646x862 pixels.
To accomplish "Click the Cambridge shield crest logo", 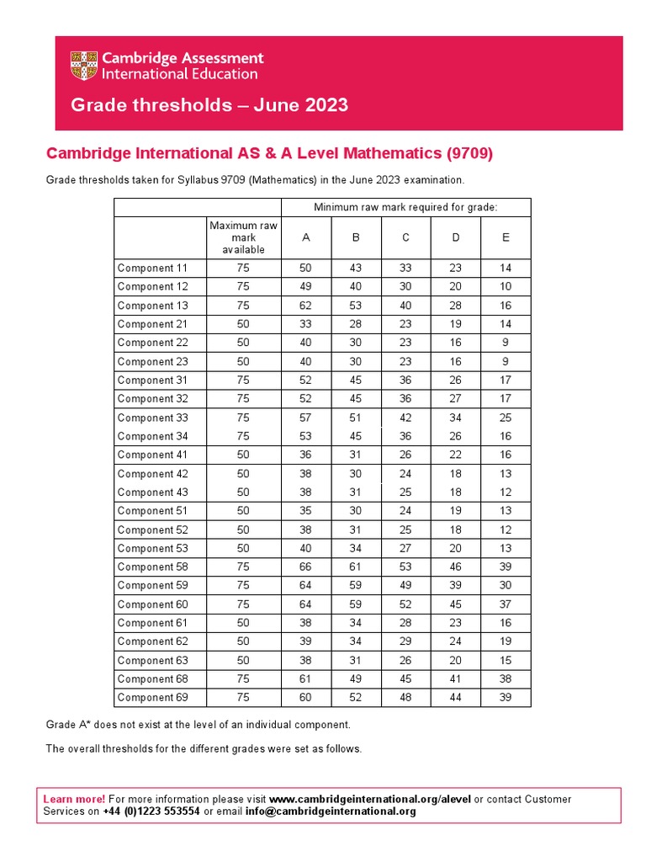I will tap(83, 66).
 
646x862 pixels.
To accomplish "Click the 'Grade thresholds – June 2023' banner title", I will tap(209, 105).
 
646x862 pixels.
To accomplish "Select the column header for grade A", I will tap(306, 237).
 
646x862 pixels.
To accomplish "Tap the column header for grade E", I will tap(506, 237).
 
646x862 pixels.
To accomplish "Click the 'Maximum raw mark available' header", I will tap(243, 237).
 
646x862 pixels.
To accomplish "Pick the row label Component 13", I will tap(153, 306).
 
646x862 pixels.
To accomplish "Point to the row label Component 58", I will tap(153, 567).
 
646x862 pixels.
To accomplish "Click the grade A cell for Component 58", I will tap(306, 567).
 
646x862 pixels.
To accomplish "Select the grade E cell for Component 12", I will tap(506, 287).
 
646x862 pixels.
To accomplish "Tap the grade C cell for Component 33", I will tap(405, 418).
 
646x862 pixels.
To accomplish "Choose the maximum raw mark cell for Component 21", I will tap(243, 324).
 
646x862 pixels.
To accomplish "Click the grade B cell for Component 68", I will tap(356, 679).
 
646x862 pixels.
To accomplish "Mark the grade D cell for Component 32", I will tap(455, 399).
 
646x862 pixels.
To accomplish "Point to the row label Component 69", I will tap(153, 698).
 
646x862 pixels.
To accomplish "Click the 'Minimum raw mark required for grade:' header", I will tap(405, 207).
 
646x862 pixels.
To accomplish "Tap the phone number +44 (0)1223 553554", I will tap(151, 811).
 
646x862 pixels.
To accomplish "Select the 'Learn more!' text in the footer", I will tap(74, 799).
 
